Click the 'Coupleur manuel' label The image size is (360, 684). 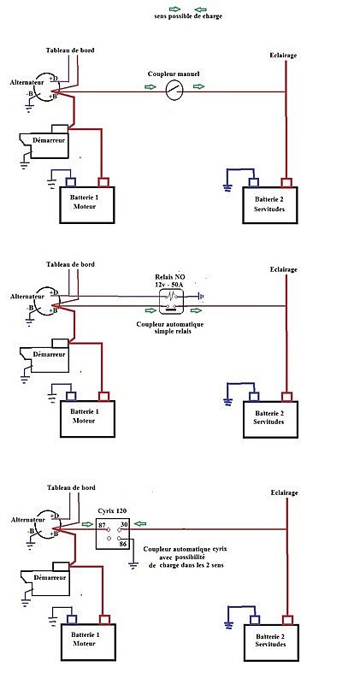[x=174, y=74]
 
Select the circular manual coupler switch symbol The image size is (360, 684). [x=174, y=91]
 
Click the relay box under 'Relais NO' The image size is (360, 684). [x=171, y=302]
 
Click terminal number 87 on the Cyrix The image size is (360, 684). [x=103, y=524]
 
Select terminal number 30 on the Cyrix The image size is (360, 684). [x=124, y=524]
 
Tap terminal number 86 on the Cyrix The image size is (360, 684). [x=125, y=544]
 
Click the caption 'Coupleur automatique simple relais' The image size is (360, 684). [x=170, y=327]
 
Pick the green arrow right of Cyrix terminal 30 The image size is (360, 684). [x=140, y=523]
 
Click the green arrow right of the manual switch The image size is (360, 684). [x=198, y=87]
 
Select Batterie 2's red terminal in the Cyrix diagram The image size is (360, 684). [x=287, y=620]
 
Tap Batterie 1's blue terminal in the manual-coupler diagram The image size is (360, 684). [x=71, y=182]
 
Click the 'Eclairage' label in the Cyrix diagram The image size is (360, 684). [x=284, y=493]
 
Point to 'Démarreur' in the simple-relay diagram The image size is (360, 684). [x=49, y=354]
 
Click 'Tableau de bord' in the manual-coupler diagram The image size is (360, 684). [x=70, y=50]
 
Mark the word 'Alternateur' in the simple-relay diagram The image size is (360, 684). [x=27, y=296]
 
